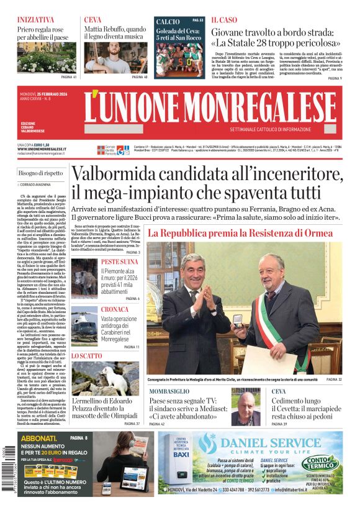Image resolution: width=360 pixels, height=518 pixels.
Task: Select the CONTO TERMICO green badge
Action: point(320,463)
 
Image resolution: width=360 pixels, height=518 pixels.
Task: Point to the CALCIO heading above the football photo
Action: point(168,21)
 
